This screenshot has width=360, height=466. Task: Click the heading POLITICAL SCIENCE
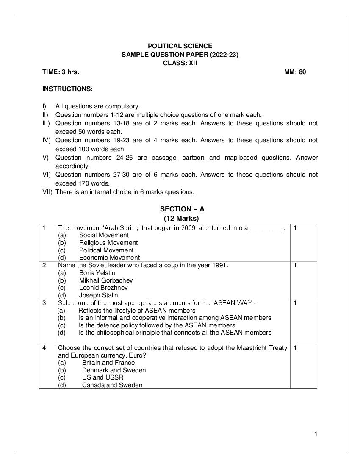(x=180, y=46)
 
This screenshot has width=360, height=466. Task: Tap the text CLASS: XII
(x=180, y=63)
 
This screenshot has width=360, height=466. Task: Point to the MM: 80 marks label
(x=295, y=72)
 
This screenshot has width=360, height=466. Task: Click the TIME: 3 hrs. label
(x=61, y=72)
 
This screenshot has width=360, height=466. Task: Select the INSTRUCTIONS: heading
(x=67, y=89)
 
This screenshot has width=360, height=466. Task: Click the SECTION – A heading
(x=182, y=209)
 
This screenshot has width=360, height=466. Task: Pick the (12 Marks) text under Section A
(x=181, y=219)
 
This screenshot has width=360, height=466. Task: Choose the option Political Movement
(x=106, y=250)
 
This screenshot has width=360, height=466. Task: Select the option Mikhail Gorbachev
(x=106, y=280)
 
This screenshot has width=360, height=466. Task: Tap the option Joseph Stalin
(x=98, y=295)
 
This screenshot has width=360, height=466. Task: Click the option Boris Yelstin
(x=97, y=273)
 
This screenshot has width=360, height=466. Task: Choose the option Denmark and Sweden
(x=114, y=370)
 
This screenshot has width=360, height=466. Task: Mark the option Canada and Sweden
(x=112, y=385)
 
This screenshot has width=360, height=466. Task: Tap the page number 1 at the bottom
(x=316, y=433)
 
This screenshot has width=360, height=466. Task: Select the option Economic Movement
(x=109, y=258)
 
